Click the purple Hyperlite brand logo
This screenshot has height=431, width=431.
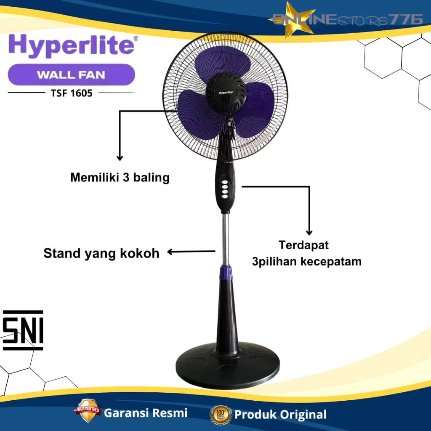click(x=72, y=45)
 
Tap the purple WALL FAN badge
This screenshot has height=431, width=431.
click(x=72, y=74)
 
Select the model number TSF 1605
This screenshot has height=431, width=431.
click(x=72, y=93)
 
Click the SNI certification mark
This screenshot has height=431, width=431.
click(x=23, y=330)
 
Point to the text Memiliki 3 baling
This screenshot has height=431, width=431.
click(x=120, y=178)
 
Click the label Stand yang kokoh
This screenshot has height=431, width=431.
click(x=101, y=253)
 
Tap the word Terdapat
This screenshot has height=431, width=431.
click(x=304, y=245)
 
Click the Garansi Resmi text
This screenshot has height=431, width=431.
click(x=146, y=413)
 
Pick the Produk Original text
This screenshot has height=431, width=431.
click(x=280, y=415)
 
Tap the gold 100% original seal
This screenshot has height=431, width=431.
click(x=221, y=415)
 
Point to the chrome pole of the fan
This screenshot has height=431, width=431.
click(x=226, y=239)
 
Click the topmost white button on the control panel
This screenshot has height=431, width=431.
click(x=225, y=182)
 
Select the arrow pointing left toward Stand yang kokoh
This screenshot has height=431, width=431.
click(x=192, y=252)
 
